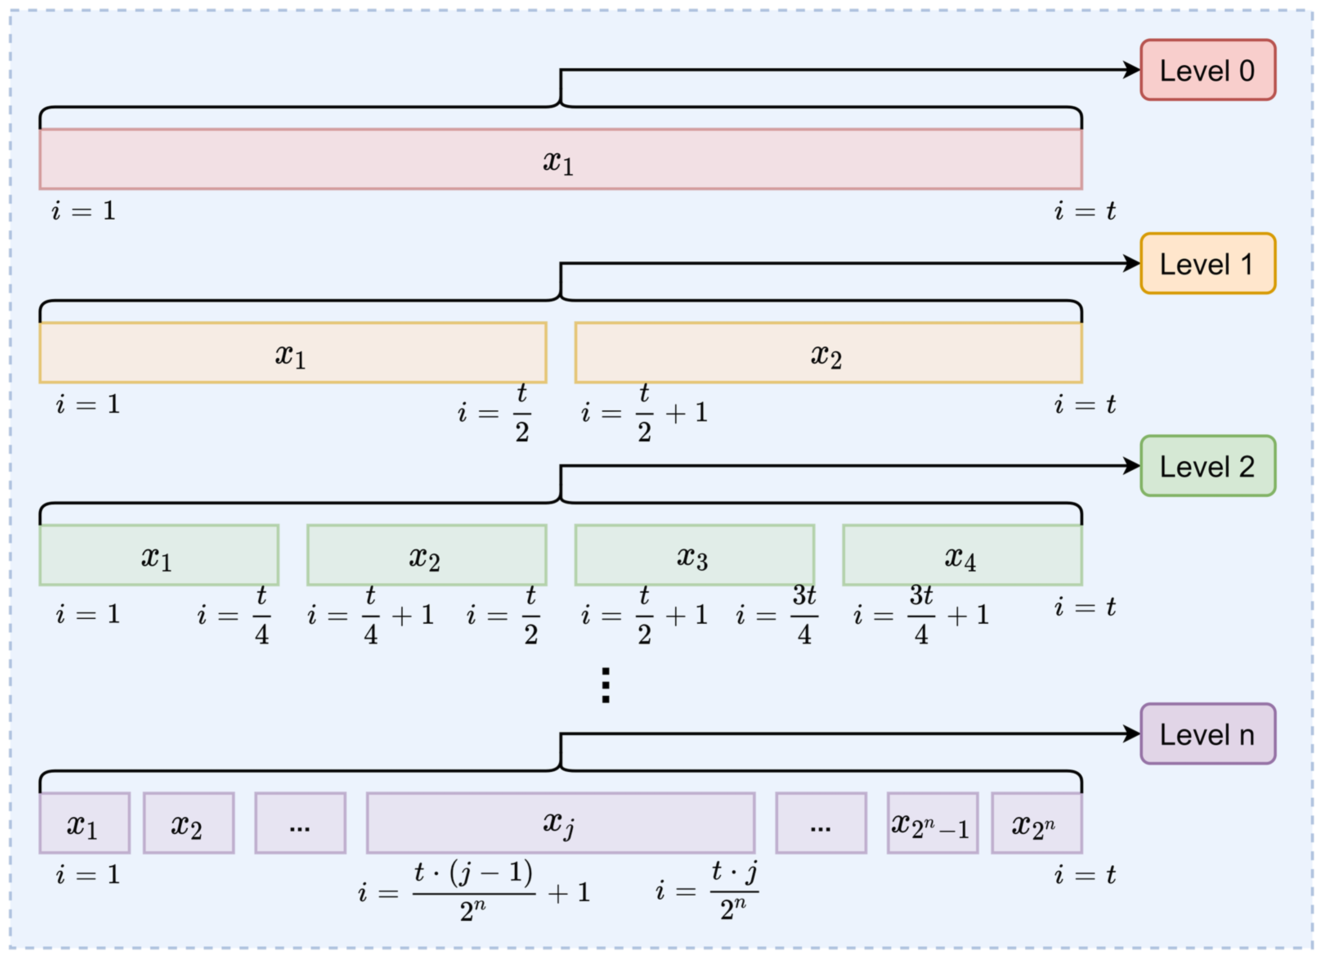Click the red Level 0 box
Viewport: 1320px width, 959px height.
(1208, 70)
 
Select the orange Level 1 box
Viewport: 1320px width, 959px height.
(1208, 263)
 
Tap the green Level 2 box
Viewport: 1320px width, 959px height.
(1208, 466)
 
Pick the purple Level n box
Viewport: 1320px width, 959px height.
(1208, 734)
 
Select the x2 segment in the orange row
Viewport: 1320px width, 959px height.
(828, 353)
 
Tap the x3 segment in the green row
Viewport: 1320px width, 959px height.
(694, 555)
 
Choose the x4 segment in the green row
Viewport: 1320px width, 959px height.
(962, 555)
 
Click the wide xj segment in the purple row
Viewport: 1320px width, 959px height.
(560, 823)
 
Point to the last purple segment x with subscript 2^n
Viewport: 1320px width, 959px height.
(1037, 823)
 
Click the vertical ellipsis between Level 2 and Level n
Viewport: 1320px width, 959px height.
(605, 685)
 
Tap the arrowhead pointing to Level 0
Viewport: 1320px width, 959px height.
(1132, 70)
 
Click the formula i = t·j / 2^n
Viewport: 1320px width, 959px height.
(707, 891)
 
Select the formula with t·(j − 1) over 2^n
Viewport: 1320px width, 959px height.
(474, 891)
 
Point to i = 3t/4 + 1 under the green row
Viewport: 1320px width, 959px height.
(921, 615)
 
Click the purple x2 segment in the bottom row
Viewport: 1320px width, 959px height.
(188, 823)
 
